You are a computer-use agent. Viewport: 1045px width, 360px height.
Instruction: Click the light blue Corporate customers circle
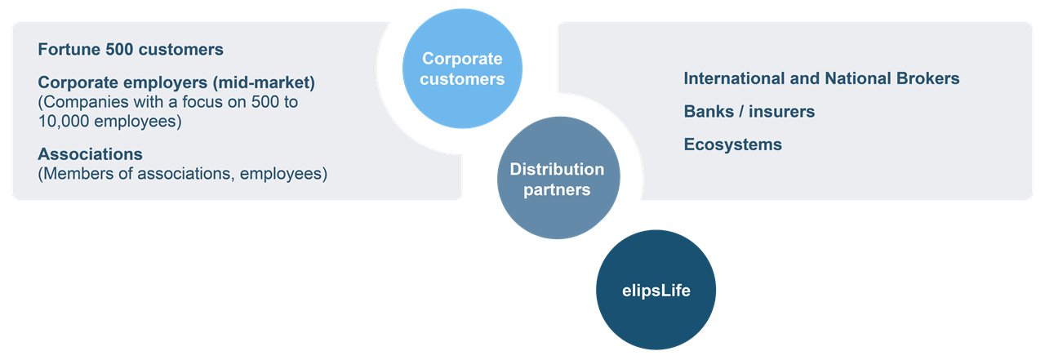tap(463, 69)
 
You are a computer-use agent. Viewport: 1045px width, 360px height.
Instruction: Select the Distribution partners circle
tap(558, 179)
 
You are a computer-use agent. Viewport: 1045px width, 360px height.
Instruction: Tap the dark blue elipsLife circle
tap(655, 289)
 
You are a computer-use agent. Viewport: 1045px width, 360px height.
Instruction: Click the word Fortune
tap(69, 50)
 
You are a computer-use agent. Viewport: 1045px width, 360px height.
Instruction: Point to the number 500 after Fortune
tap(120, 50)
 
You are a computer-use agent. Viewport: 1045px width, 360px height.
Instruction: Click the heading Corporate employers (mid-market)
tap(176, 82)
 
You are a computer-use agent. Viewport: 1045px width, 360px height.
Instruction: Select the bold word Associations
tap(90, 153)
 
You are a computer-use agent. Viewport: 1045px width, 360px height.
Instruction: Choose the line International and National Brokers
tap(821, 78)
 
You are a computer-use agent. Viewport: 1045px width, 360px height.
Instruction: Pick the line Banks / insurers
tap(749, 112)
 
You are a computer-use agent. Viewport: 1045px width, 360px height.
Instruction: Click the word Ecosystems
tap(732, 144)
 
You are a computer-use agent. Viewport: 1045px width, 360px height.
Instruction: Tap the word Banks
tap(708, 112)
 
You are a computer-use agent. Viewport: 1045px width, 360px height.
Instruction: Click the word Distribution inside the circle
tap(558, 170)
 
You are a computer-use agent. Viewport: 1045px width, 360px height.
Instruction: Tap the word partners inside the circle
tap(558, 189)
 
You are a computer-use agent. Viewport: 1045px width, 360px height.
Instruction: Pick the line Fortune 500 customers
tap(131, 50)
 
